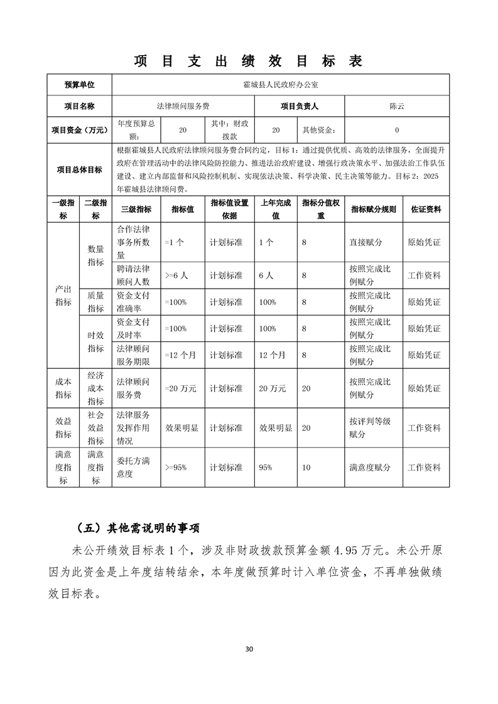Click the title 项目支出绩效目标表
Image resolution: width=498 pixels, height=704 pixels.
pos(249,61)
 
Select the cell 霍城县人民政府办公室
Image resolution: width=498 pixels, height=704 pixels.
pos(280,85)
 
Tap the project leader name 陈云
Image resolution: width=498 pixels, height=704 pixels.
pos(397,106)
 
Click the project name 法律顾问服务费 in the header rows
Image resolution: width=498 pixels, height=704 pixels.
pos(183,106)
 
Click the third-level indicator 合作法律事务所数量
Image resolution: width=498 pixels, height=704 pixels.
pos(133,242)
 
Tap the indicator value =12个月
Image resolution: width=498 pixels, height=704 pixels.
pos(180,355)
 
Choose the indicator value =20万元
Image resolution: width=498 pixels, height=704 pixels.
pos(180,388)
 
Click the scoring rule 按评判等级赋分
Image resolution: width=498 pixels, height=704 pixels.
pos(370,427)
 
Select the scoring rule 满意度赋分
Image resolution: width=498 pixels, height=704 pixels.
pos(370,467)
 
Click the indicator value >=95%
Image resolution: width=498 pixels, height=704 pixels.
pos(176,467)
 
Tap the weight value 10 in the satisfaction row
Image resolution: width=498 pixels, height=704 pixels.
pos(306,467)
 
